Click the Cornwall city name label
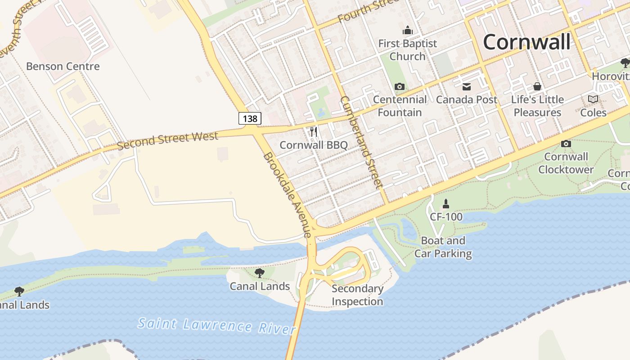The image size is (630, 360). coord(526,42)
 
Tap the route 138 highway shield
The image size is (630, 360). coord(250,118)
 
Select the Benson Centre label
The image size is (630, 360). coord(63,66)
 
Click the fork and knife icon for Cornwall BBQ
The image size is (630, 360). coord(314,132)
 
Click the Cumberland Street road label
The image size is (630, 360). coord(361,142)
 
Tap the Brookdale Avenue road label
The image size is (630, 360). coord(287,194)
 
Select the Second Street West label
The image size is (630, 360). coord(167,140)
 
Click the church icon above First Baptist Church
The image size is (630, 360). coord(407,31)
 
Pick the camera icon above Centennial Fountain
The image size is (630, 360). coord(399,86)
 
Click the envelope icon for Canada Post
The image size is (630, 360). coord(466,86)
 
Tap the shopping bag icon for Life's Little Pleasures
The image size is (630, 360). coord(537,86)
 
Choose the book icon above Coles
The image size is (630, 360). coord(593,99)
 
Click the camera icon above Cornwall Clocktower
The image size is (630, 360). coord(566,144)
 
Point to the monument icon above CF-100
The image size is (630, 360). coord(445,203)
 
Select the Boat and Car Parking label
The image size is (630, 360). coord(443,247)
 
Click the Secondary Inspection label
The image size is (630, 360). coord(357,295)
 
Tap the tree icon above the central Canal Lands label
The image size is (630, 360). coord(259,273)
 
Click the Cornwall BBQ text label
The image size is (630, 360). coord(314,145)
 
